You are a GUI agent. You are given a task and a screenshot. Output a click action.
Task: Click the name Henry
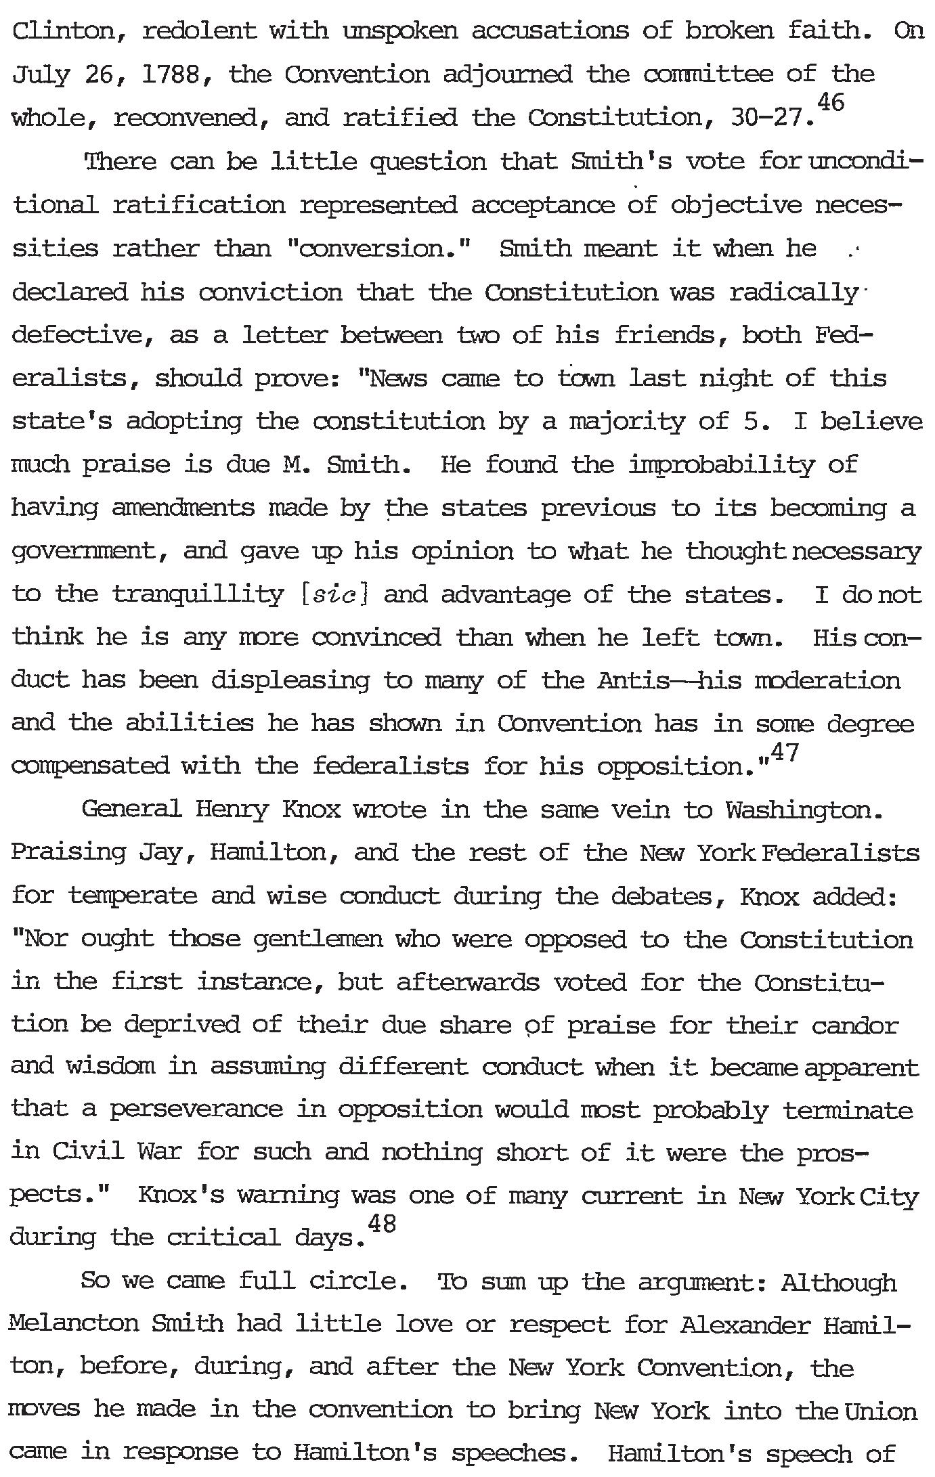(x=232, y=810)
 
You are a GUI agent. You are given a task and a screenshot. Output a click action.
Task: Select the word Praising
(x=68, y=853)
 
